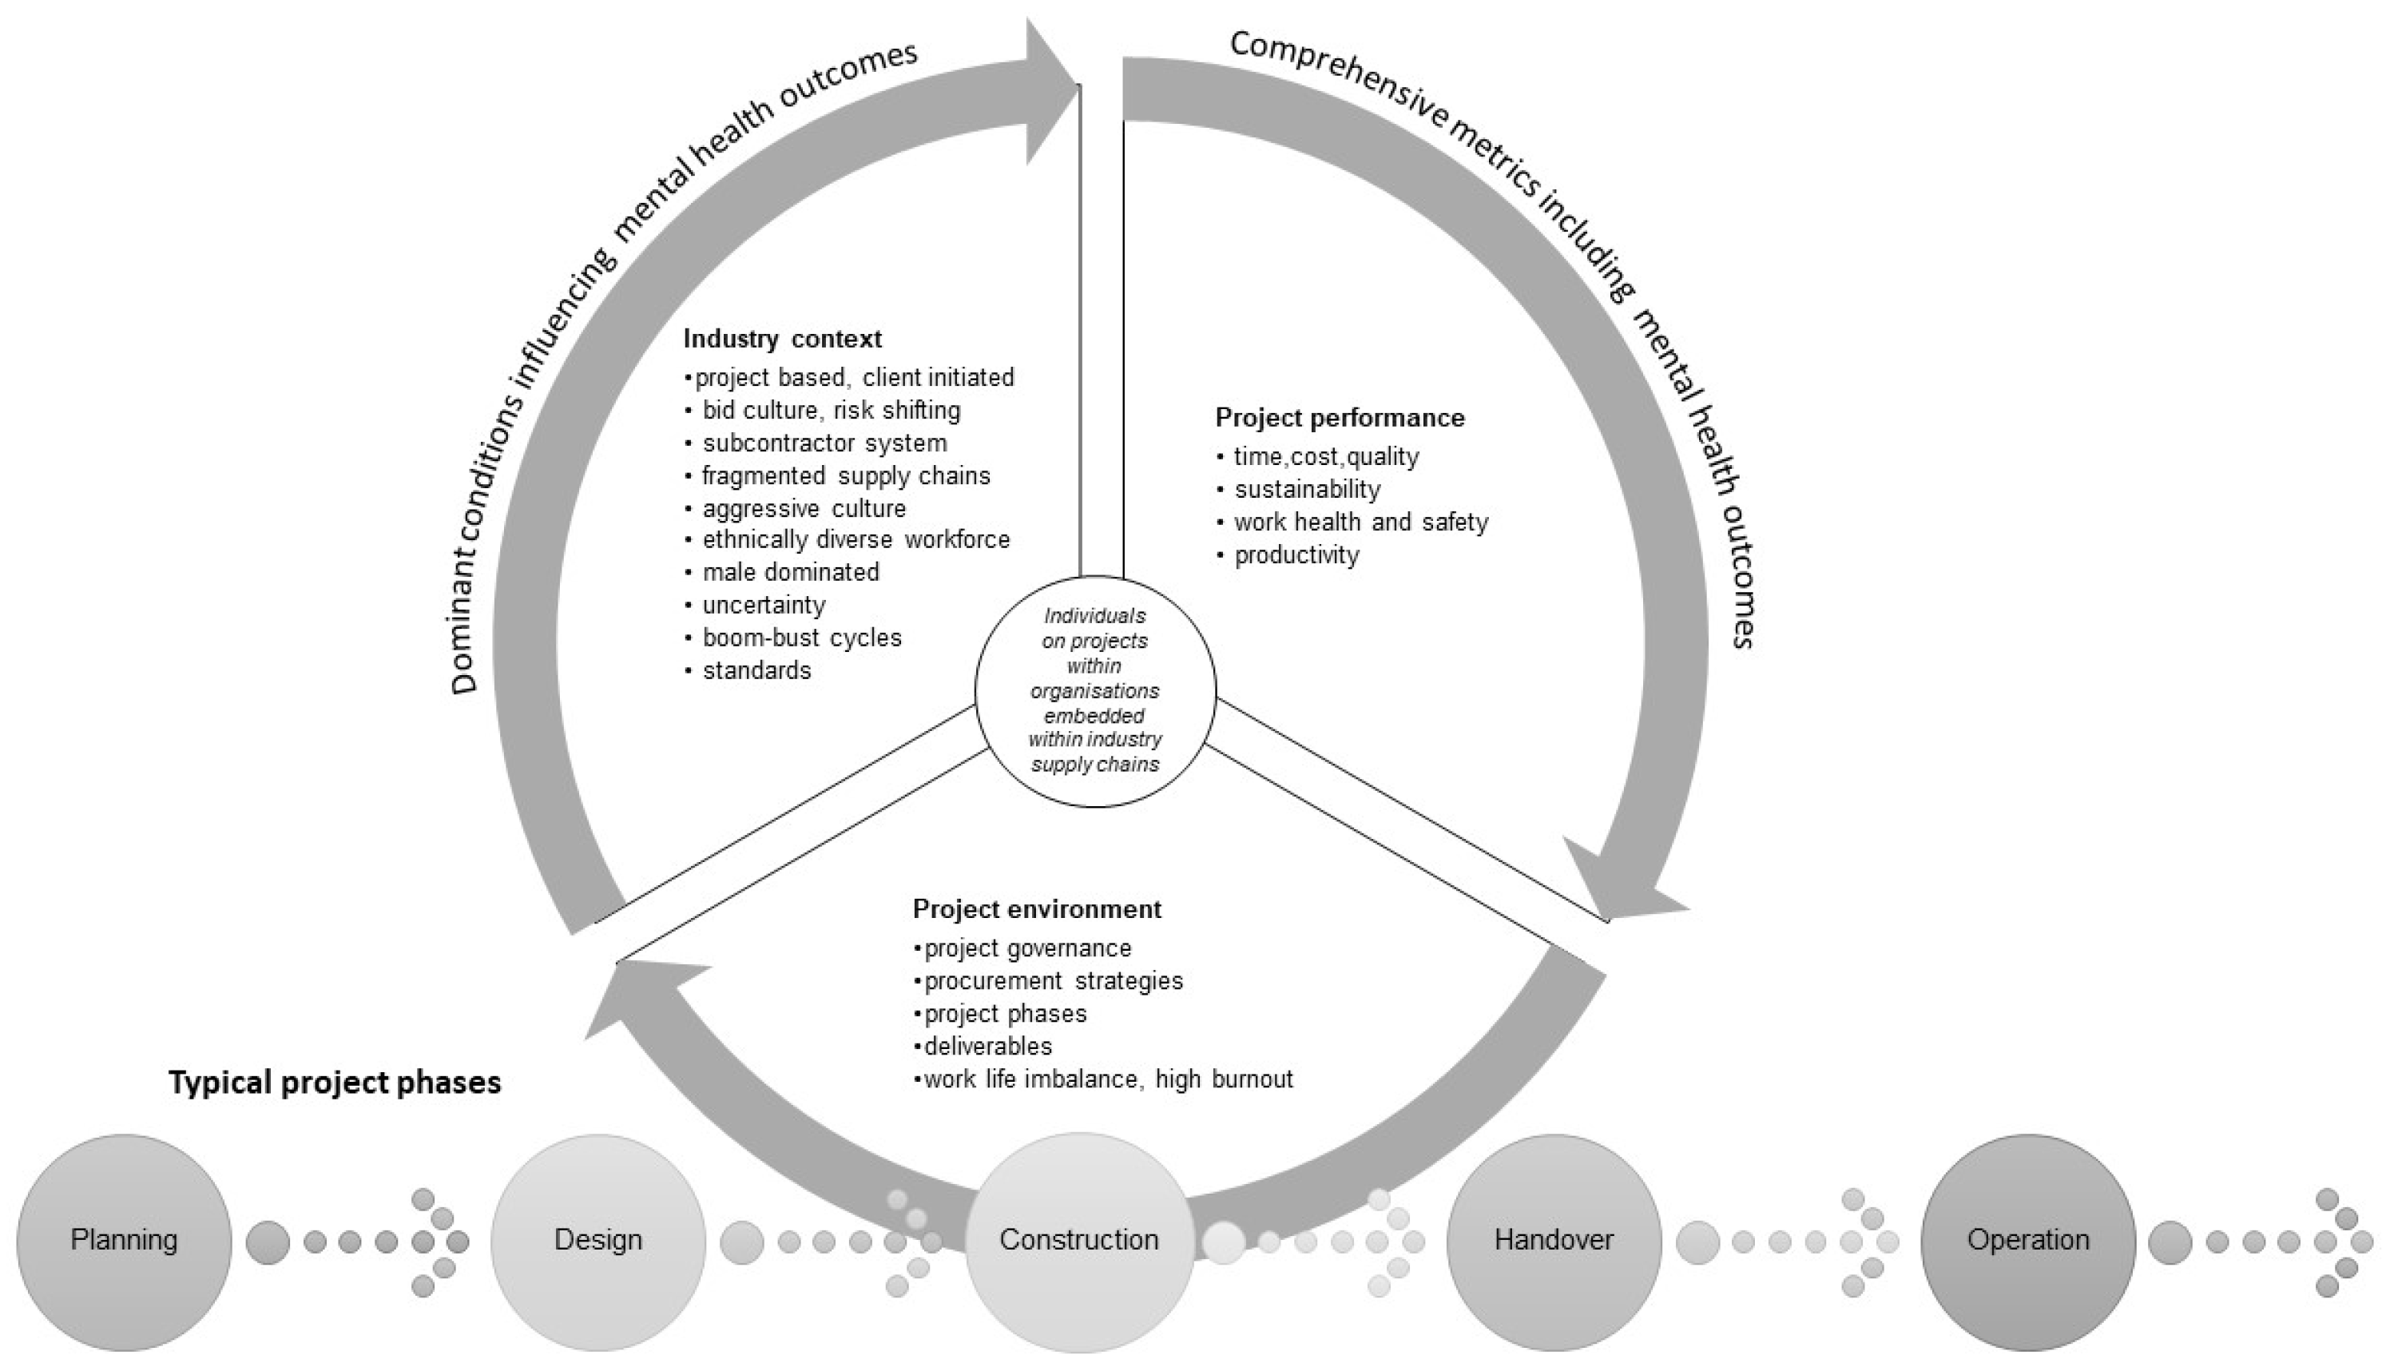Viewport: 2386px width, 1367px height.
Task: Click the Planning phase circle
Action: (x=124, y=1242)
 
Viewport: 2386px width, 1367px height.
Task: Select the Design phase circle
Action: (x=598, y=1242)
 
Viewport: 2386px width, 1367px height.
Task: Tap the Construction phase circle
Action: (x=1078, y=1242)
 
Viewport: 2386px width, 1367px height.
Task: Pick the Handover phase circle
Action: (x=1554, y=1242)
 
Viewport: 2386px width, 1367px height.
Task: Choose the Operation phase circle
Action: (x=2027, y=1242)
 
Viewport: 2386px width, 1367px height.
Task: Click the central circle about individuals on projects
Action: (x=1094, y=691)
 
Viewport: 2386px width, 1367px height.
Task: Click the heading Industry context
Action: (x=782, y=338)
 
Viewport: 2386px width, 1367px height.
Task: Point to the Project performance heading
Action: (x=1340, y=418)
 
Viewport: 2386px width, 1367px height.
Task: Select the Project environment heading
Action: (x=1036, y=909)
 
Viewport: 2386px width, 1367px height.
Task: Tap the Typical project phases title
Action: (x=335, y=1083)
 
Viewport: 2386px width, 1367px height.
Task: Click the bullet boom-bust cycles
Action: (x=802, y=638)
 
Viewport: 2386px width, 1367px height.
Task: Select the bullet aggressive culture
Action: (x=804, y=509)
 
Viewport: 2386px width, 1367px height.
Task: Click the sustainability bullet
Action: (x=1307, y=490)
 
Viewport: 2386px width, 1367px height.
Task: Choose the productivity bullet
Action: (x=1296, y=555)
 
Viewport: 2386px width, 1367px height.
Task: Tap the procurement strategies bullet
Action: (x=1052, y=981)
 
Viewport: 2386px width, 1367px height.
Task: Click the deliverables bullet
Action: (x=987, y=1046)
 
